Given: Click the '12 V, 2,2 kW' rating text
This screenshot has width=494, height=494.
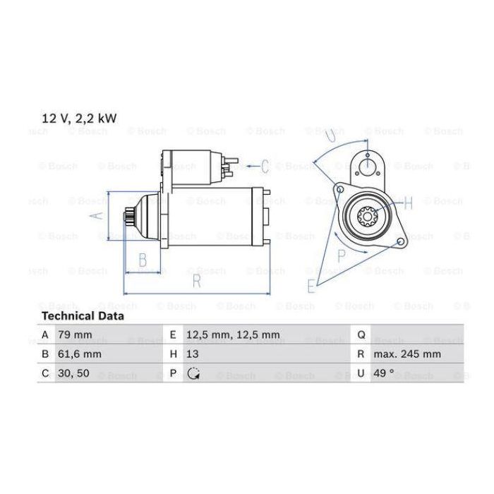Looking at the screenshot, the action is click(79, 119).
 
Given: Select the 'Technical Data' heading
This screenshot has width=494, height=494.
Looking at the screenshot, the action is click(83, 316).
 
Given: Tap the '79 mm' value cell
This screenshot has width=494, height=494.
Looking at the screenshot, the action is click(75, 335).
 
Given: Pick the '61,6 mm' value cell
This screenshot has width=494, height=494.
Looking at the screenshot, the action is click(79, 354).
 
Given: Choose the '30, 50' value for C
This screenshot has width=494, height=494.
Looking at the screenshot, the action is click(73, 373).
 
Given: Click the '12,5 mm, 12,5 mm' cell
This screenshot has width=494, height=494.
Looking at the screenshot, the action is click(233, 335).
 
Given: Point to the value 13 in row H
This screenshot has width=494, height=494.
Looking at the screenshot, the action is click(193, 354).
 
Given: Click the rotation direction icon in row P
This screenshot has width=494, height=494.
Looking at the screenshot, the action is click(193, 373).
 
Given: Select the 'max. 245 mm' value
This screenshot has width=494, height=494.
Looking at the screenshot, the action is click(407, 354).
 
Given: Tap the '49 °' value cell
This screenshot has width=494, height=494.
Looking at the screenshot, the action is click(384, 373).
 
